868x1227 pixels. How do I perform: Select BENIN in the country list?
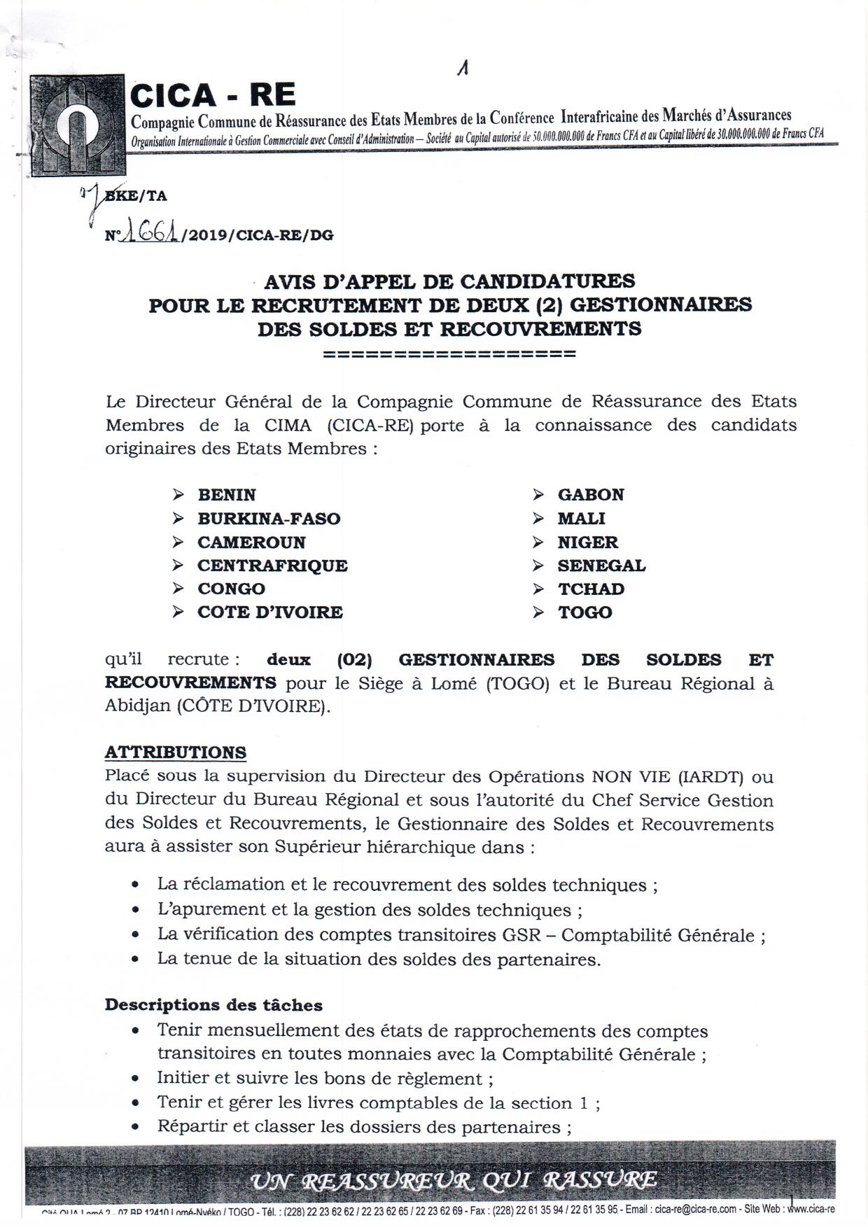[x=227, y=495]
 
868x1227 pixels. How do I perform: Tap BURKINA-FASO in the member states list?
[x=269, y=519]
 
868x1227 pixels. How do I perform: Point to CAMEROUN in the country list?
[x=251, y=542]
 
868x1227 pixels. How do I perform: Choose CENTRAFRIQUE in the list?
[x=272, y=566]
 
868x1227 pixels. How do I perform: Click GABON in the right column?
[x=591, y=495]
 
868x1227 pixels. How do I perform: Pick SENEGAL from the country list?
[x=601, y=566]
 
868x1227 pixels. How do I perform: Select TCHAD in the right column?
[x=591, y=589]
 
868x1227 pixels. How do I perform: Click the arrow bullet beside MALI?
[x=538, y=519]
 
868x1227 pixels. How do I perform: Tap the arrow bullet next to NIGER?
[x=538, y=542]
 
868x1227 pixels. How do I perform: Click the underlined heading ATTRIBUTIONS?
[x=176, y=752]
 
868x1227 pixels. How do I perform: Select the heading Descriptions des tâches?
[x=213, y=1005]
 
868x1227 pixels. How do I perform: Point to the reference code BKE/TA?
[x=137, y=197]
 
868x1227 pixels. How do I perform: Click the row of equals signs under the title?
[x=449, y=353]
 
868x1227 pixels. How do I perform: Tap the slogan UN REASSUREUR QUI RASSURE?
[x=454, y=1181]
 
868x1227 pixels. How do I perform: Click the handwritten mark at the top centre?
[x=462, y=68]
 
